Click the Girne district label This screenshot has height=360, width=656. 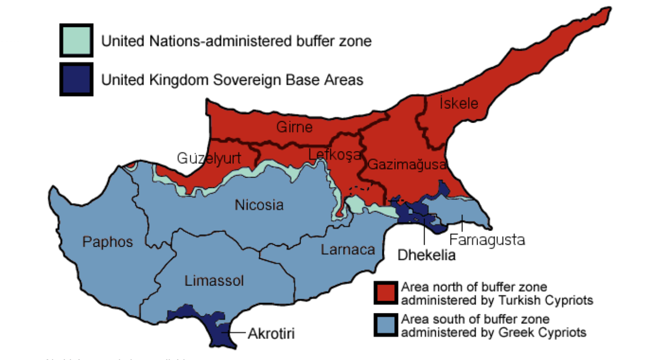[x=294, y=128]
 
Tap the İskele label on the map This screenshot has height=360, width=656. [x=459, y=103]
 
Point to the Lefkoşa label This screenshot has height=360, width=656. [x=334, y=155]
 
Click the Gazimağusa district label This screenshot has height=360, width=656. [x=407, y=164]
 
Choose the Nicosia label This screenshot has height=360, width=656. [x=259, y=205]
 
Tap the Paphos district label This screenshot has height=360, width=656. [x=107, y=242]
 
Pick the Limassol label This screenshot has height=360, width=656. [x=214, y=281]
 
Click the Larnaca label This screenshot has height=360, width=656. [x=348, y=250]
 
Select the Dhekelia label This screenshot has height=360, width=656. [x=426, y=255]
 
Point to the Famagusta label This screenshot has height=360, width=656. [x=487, y=240]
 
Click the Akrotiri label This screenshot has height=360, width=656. [x=271, y=334]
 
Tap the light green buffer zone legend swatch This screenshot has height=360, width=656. [x=76, y=40]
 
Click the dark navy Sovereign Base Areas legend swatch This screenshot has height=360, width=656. [x=76, y=79]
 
